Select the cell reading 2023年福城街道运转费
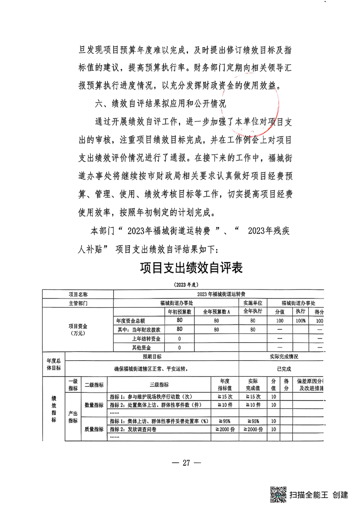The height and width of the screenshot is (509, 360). (x=221, y=294)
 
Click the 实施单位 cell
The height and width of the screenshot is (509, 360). (x=253, y=303)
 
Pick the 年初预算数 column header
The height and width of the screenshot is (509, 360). (x=179, y=312)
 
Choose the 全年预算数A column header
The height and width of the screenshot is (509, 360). (x=217, y=312)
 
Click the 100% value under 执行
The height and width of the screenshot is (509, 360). (x=301, y=321)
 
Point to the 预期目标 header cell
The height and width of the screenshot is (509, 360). (x=152, y=357)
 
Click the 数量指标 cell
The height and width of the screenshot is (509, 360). (x=94, y=405)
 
